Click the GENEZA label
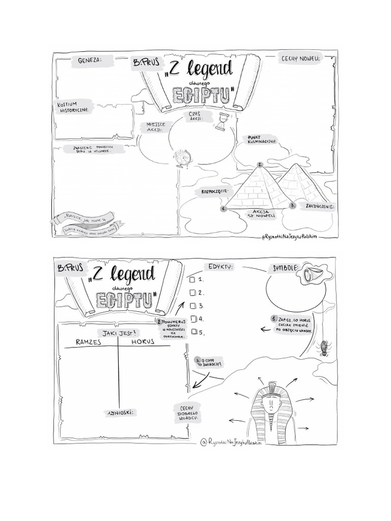(90, 60)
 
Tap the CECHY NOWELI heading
(301, 59)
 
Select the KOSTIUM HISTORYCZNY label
(74, 107)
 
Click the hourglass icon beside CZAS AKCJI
(221, 123)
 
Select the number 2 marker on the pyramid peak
(260, 164)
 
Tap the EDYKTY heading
(220, 267)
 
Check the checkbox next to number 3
(192, 306)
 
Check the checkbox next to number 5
(192, 332)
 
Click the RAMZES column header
(89, 342)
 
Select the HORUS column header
(143, 342)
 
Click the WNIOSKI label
(119, 412)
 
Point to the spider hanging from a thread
(324, 349)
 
